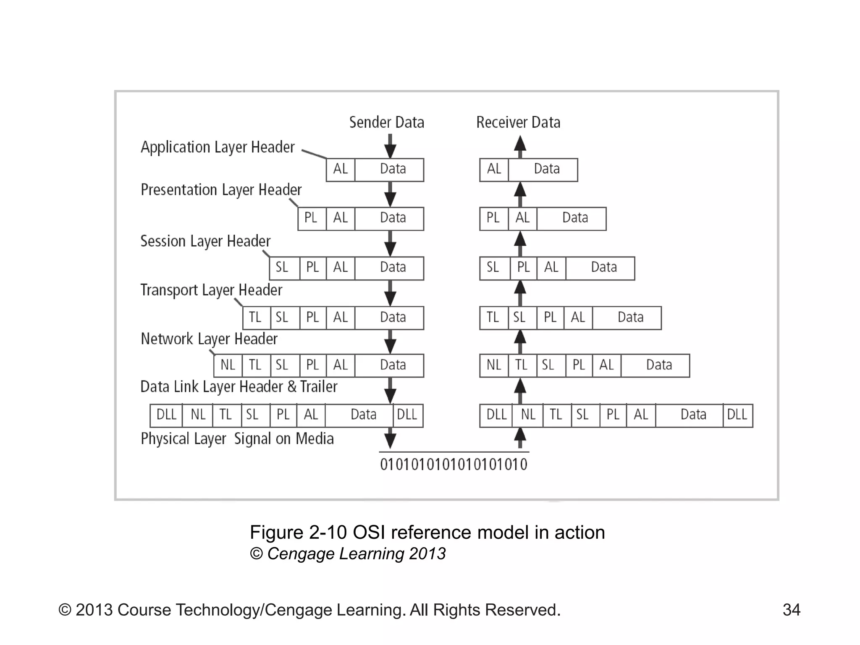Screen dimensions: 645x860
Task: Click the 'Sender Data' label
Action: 386,122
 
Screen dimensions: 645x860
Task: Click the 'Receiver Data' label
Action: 518,122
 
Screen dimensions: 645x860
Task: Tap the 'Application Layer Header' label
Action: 218,147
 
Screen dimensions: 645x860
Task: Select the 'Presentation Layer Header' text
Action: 221,190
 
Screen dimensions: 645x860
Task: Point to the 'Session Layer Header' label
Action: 205,241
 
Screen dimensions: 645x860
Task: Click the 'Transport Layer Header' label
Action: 211,290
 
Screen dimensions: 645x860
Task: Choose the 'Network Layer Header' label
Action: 209,339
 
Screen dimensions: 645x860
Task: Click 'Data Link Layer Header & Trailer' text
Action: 239,387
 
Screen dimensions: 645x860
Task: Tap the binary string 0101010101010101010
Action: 454,464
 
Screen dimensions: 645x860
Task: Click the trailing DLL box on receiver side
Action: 737,415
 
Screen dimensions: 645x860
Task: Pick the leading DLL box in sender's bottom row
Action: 166,415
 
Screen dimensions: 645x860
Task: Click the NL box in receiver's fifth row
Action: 494,365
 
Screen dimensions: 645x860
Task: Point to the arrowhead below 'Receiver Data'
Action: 520,144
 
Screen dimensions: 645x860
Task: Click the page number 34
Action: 791,610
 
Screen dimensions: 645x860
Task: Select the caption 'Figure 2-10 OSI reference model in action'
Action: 427,532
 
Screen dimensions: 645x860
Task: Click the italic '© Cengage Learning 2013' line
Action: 348,553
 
